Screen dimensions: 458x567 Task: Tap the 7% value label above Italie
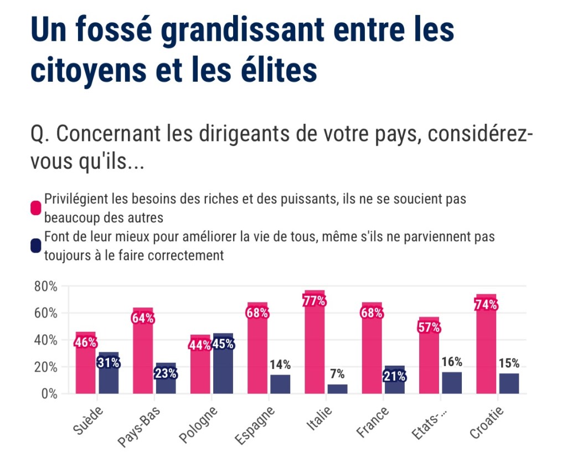click(x=337, y=373)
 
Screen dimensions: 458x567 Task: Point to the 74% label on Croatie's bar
click(x=486, y=305)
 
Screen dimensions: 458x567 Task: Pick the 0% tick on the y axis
click(x=48, y=394)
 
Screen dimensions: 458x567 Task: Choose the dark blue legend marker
click(x=36, y=245)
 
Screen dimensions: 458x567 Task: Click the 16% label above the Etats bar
click(x=451, y=362)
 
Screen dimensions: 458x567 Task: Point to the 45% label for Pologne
click(x=223, y=344)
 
